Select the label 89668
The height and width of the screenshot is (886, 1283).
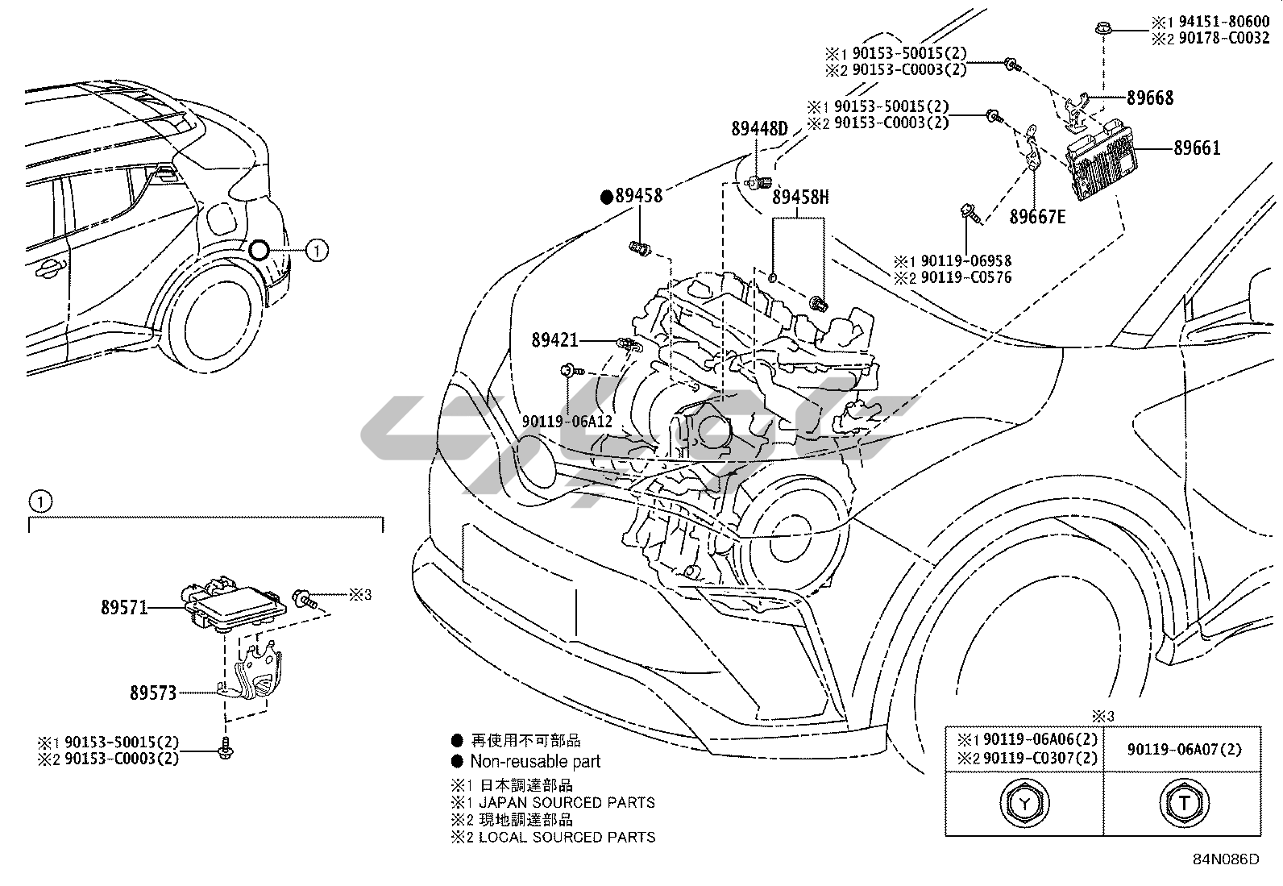pos(1149,98)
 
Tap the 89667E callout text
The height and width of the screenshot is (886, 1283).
pos(1037,217)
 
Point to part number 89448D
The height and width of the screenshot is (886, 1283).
pos(759,129)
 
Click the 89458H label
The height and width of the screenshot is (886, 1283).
pos(800,197)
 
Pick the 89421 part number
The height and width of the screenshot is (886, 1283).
pos(554,341)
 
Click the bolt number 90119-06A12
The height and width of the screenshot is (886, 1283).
pos(567,422)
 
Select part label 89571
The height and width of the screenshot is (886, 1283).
pos(124,607)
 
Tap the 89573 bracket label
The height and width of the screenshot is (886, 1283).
pos(153,693)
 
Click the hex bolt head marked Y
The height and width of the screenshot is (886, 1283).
pos(1023,802)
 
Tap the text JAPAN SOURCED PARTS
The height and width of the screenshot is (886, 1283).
pos(567,802)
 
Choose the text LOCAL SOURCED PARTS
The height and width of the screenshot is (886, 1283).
pos(567,837)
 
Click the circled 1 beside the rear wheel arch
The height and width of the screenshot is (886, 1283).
pos(318,251)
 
